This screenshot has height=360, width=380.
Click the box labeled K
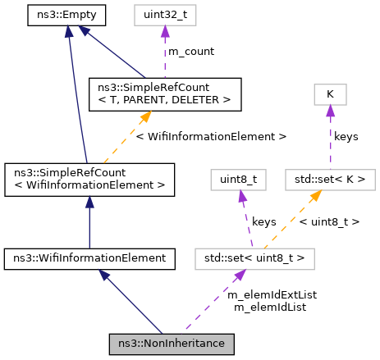[x=329, y=94]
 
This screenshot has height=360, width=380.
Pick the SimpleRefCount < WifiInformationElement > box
[x=89, y=178]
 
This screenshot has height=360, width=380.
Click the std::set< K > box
[x=330, y=178]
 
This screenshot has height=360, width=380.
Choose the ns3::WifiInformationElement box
[x=89, y=258]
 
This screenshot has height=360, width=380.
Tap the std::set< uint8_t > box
[x=255, y=258]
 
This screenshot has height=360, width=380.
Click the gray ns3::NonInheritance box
[x=172, y=342]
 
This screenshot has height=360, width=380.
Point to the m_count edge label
[x=191, y=51]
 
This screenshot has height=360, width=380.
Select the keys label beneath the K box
[x=346, y=136]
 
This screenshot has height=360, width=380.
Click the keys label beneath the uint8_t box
[x=263, y=221]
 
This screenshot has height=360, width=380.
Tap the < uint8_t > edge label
[x=328, y=221]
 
